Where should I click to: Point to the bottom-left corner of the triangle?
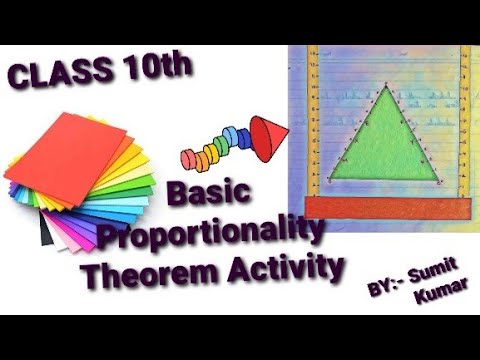coord(330,181)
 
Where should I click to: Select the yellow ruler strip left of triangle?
coord(313,120)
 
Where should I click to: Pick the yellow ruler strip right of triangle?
coord(463,120)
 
